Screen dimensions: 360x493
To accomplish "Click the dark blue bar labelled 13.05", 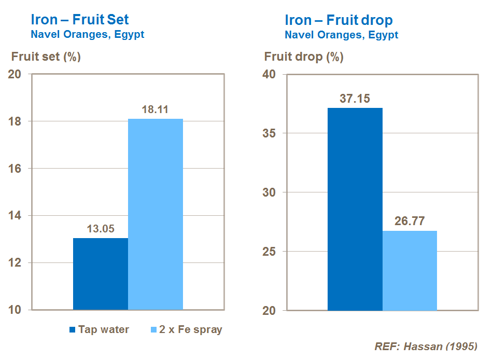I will point(101,274).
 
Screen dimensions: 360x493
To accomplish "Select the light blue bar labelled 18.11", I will point(156,214).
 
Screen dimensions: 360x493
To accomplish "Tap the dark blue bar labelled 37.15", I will point(355,209).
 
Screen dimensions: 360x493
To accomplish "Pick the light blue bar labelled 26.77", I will point(410,270).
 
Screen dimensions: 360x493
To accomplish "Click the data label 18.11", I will point(156,110).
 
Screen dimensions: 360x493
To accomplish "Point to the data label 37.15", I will point(355,99).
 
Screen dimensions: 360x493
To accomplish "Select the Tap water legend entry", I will point(100,329).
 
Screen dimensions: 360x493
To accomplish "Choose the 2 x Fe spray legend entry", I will point(186,329).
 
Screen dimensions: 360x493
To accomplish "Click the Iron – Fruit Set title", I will point(80,20).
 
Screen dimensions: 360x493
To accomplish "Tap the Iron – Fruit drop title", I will point(339,20).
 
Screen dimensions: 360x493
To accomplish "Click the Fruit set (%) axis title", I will point(46,57).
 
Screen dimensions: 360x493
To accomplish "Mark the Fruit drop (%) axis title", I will point(304,57).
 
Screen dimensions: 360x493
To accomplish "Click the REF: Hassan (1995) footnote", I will point(426,347).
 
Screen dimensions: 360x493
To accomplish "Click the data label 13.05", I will point(101,229).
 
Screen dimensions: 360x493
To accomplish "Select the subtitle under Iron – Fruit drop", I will point(341,35).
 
